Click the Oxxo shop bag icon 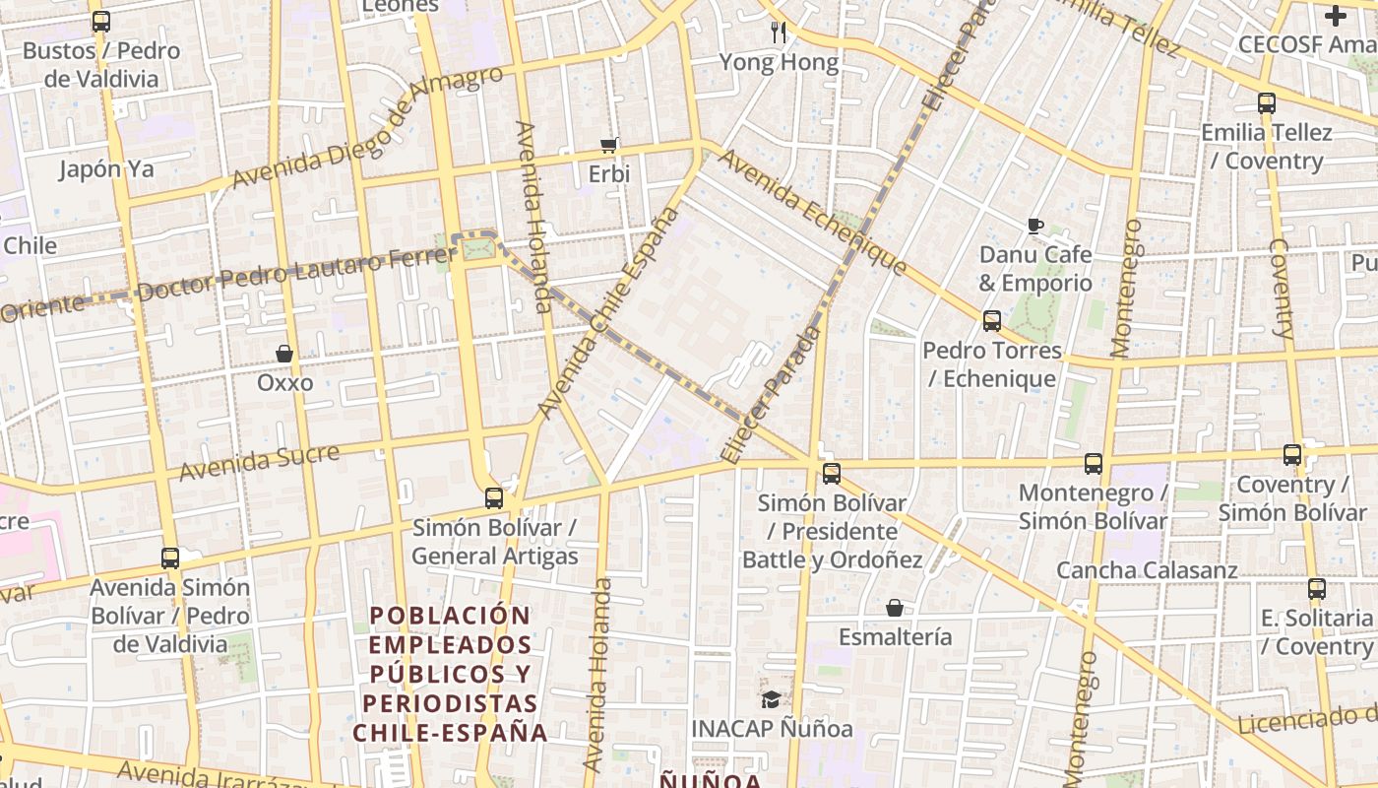(x=284, y=354)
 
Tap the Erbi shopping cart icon (x=608, y=145)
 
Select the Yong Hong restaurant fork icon (x=779, y=33)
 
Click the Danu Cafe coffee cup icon (x=1034, y=226)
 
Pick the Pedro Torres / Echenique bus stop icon (x=992, y=321)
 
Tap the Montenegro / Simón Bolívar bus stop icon (x=1094, y=464)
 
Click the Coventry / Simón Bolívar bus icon (x=1292, y=455)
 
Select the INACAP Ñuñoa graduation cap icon (x=770, y=699)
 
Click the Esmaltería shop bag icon (x=895, y=608)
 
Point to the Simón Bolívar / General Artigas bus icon (x=494, y=498)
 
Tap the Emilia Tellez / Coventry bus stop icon (x=1267, y=102)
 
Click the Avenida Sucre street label (x=260, y=462)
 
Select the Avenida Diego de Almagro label (x=367, y=129)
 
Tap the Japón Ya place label (x=106, y=169)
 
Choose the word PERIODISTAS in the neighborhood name (x=450, y=703)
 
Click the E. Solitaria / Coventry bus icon (x=1317, y=589)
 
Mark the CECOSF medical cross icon (x=1336, y=16)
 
